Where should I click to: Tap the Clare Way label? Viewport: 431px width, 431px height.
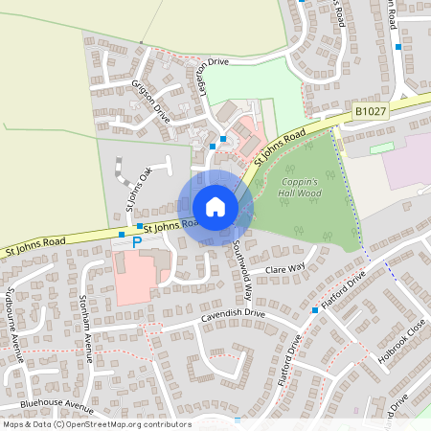point(285,269)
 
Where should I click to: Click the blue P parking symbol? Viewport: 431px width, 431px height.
point(136,243)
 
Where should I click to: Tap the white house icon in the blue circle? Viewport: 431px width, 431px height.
point(215,207)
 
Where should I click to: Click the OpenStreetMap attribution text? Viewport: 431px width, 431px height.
point(96,424)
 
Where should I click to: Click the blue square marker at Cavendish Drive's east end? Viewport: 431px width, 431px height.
point(314,310)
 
